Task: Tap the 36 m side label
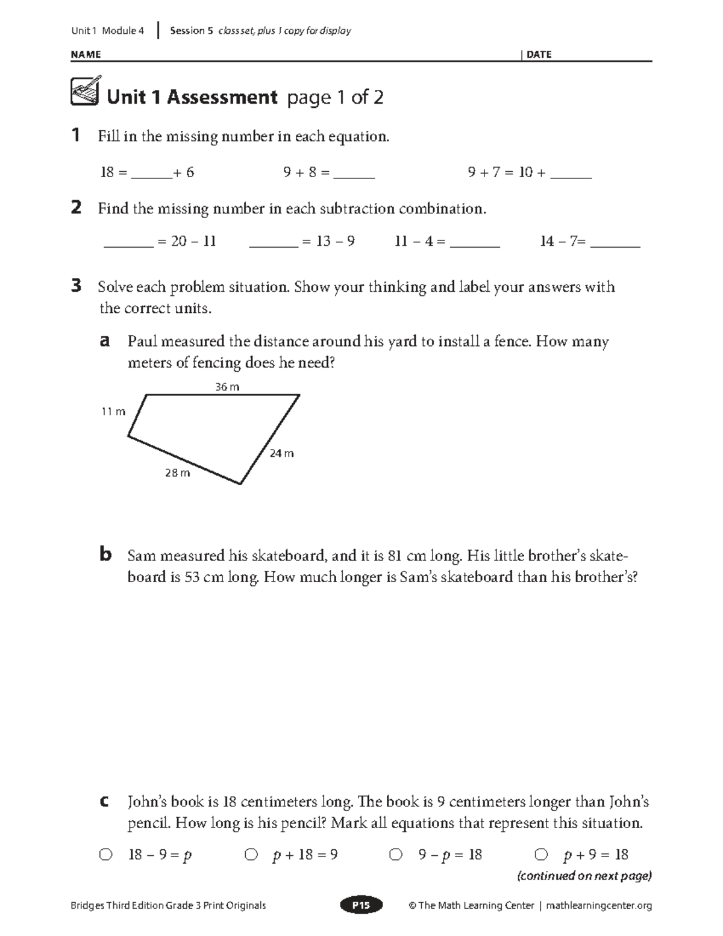[x=227, y=387]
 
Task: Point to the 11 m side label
[x=113, y=412]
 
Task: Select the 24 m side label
[x=281, y=453]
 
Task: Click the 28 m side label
[x=177, y=473]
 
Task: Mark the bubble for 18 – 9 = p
[x=105, y=854]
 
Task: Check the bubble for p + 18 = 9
[x=251, y=854]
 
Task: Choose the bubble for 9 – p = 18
[x=395, y=854]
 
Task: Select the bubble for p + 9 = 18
[x=541, y=854]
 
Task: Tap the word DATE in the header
[x=539, y=54]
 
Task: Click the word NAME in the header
[x=86, y=54]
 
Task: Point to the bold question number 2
[x=76, y=208]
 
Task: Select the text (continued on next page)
[x=584, y=876]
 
